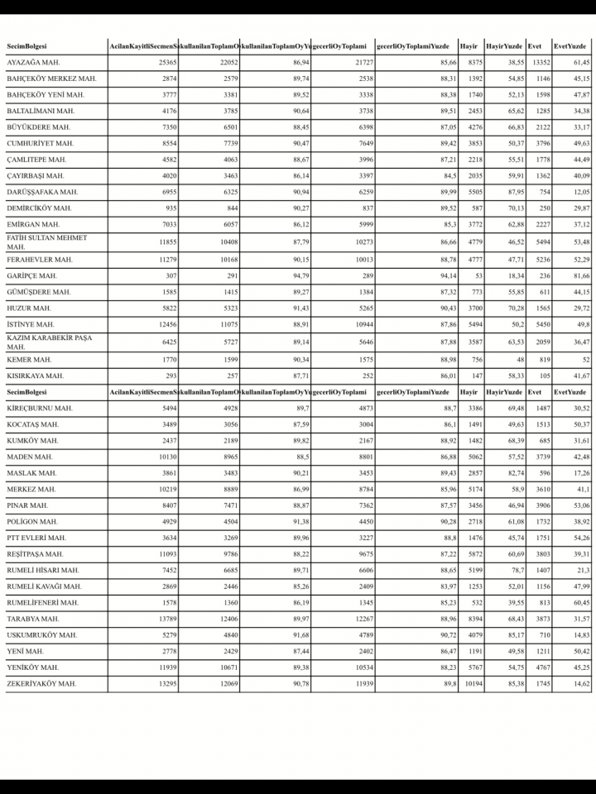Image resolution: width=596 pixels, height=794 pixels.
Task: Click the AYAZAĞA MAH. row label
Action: tap(33, 63)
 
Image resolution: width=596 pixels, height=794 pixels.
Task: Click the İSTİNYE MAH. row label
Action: tap(31, 324)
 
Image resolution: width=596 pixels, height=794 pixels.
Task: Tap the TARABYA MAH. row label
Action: tap(32, 619)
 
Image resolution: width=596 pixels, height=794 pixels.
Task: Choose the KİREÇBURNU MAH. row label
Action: tap(39, 408)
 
